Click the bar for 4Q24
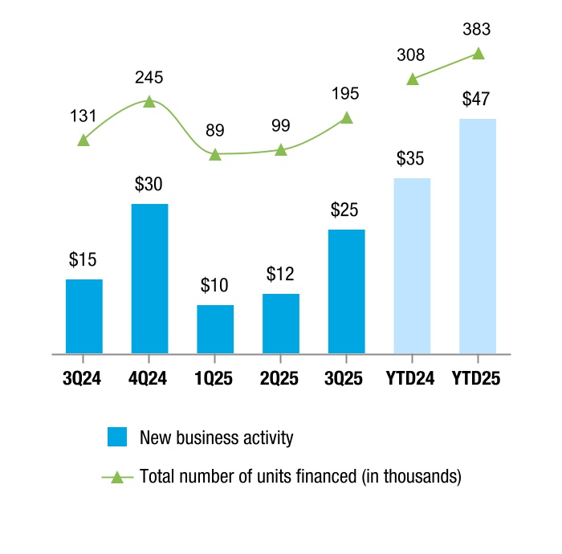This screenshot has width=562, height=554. [x=149, y=278]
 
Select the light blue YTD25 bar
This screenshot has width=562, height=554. [x=479, y=235]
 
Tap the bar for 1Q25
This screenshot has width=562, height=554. [x=215, y=328]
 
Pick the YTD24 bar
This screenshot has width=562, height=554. [x=413, y=265]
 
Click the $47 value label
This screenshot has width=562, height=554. [x=479, y=100]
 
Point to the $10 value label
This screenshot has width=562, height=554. [x=215, y=285]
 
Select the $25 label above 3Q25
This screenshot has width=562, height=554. [x=347, y=210]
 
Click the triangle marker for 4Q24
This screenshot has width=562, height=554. [x=149, y=102]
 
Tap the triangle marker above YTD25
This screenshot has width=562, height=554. [x=479, y=54]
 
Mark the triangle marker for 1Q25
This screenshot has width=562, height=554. [x=215, y=153]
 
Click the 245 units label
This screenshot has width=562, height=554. [x=149, y=78]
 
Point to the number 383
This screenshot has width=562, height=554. [x=479, y=31]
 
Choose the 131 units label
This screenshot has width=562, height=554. [x=83, y=116]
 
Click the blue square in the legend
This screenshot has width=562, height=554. [x=117, y=438]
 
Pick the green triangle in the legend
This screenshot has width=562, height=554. [x=117, y=477]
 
